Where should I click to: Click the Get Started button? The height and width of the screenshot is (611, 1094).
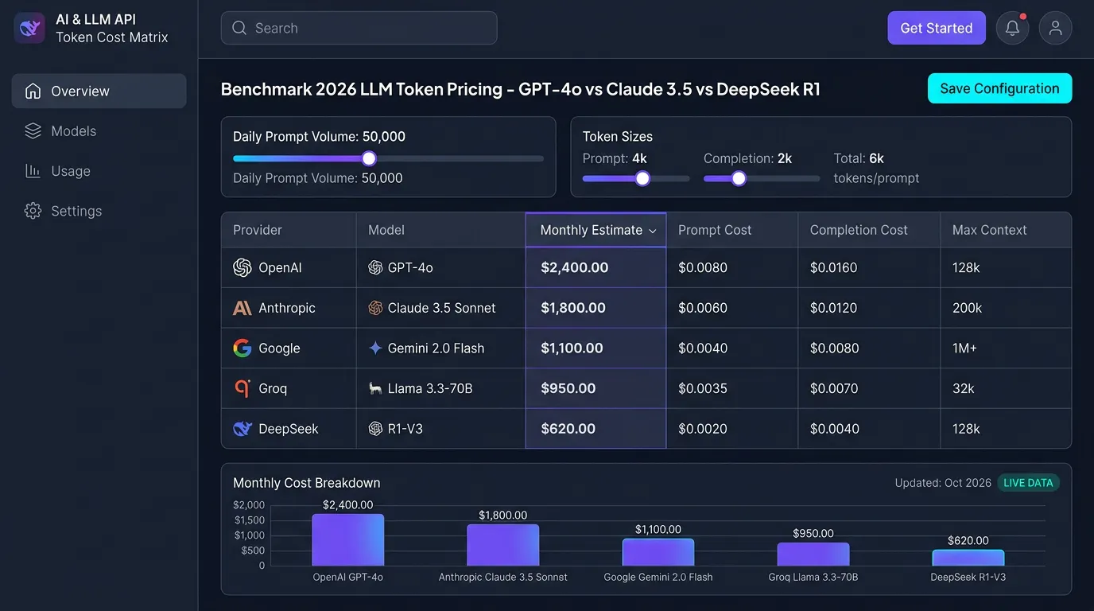pos(937,28)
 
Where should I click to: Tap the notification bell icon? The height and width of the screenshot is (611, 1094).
pos(1012,28)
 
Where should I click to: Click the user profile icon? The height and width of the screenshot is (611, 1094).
pos(1055,28)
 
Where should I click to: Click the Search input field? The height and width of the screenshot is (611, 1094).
pos(359,28)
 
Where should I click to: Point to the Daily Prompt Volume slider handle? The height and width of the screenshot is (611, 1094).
pos(369,158)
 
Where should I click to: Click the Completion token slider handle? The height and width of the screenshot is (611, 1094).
pos(739,178)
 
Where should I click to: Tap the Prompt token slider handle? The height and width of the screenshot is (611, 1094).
pos(642,178)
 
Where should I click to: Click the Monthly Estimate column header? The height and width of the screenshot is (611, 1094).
pos(595,230)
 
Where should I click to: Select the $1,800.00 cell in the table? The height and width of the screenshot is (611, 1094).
pos(595,308)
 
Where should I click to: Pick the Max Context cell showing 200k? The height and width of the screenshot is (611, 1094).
pos(1006,308)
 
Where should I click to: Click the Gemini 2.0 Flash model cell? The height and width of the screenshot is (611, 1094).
pos(440,348)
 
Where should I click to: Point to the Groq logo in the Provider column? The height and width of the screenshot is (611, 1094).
pos(242,388)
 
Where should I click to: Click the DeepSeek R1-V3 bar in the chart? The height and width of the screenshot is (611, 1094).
pos(968,558)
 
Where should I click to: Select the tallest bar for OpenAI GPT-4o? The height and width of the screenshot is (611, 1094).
pos(347,539)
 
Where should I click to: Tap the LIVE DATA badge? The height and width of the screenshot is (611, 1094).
pos(1028,483)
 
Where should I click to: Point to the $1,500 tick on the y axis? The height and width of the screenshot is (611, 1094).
pos(249,520)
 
